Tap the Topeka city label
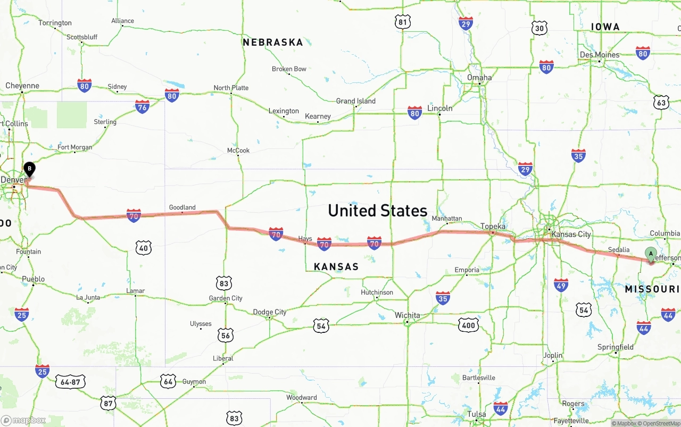[493, 226]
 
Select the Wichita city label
[407, 315]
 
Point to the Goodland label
[182, 207]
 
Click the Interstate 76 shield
[142, 106]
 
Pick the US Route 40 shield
[144, 247]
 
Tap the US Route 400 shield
[468, 325]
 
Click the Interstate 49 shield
[561, 285]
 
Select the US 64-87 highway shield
[70, 382]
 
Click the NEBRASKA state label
[272, 43]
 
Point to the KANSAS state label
[336, 266]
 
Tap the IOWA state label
[605, 27]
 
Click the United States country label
[377, 211]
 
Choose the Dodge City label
[269, 312]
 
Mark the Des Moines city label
[600, 55]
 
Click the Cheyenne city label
[22, 86]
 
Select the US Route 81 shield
[403, 22]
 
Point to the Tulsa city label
[477, 414]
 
